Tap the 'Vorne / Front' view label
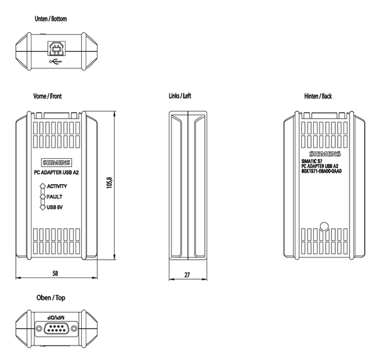point(47,96)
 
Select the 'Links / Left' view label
point(180,96)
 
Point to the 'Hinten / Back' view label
point(318,96)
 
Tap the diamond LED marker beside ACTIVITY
point(42,186)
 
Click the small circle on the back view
point(325,226)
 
